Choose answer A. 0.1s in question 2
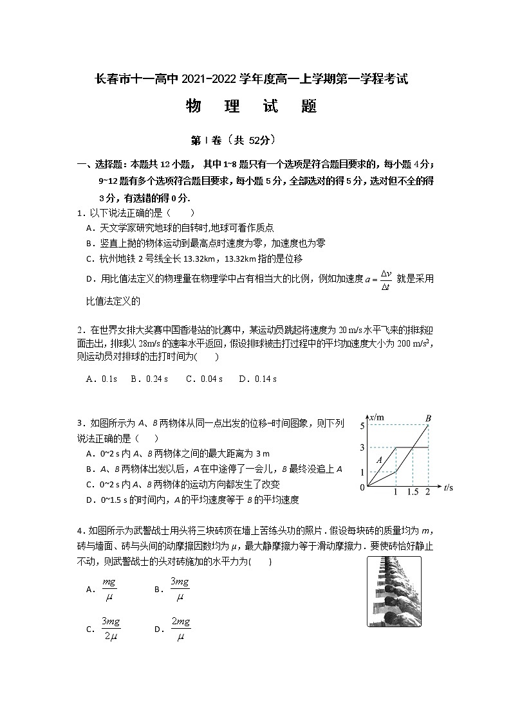[101, 379]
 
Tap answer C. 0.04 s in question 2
[204, 379]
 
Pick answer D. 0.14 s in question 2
[257, 379]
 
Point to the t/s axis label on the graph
[449, 488]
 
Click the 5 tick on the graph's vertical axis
[363, 426]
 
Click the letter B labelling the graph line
[427, 419]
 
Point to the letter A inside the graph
[380, 459]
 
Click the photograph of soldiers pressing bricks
[394, 591]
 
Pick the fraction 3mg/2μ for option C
[111, 629]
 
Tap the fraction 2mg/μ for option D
[181, 629]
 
